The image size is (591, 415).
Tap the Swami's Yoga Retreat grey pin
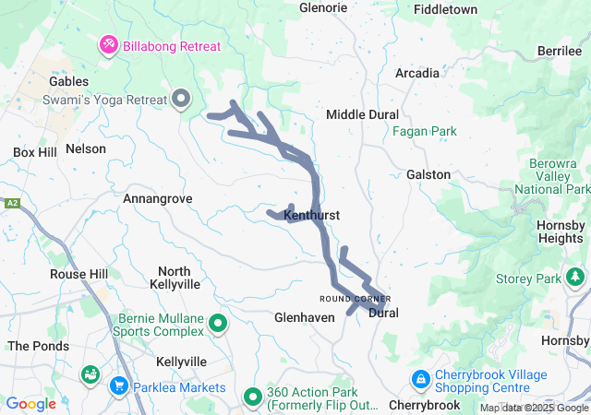pos(181,97)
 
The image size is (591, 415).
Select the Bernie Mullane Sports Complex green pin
pos(218,323)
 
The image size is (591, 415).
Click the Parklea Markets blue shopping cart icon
pos(119,385)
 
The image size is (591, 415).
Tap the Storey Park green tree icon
pos(576,277)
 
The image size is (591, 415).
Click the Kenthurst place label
pos(312,215)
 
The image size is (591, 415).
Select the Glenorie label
pos(323,8)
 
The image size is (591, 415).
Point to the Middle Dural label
pos(363,114)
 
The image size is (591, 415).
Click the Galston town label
pos(428,174)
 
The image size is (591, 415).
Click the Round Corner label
pos(356,299)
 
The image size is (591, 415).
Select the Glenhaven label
pos(304,316)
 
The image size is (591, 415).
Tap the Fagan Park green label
pos(425,132)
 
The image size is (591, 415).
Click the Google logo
pos(31,404)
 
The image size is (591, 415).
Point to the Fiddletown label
pos(446,9)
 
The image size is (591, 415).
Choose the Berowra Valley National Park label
pos(554,176)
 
